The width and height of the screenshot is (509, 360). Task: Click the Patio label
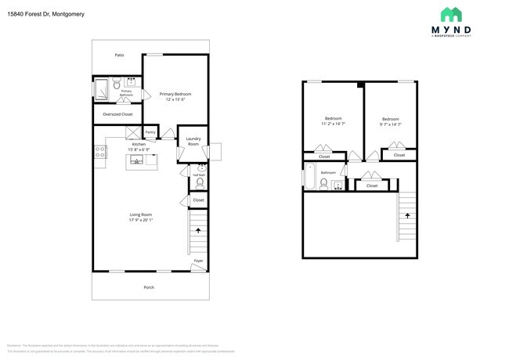(119, 56)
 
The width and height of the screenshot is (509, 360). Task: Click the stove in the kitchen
(100, 153)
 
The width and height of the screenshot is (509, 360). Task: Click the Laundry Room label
(193, 141)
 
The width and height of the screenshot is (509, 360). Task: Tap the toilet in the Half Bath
(200, 182)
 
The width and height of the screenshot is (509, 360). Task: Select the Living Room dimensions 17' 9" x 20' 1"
(141, 221)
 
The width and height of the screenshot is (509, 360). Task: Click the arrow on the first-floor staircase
(198, 231)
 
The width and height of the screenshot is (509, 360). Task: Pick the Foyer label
(198, 261)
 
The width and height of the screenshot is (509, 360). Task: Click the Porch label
(149, 287)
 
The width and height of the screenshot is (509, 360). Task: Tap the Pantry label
(150, 132)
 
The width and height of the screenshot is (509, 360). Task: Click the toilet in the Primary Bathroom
(116, 82)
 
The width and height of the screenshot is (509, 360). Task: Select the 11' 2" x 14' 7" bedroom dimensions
(333, 124)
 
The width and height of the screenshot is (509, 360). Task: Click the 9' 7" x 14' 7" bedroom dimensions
(390, 124)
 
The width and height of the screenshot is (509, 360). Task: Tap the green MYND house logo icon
(450, 14)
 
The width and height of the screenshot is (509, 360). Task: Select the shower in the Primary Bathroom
(101, 91)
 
